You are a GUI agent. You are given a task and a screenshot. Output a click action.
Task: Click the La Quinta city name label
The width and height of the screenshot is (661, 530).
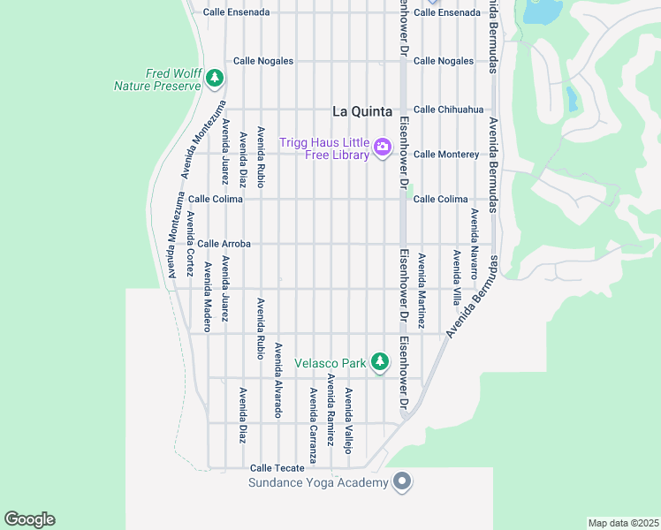click(361, 111)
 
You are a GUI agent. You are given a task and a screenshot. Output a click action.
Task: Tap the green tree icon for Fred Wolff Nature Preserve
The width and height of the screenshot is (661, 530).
click(215, 79)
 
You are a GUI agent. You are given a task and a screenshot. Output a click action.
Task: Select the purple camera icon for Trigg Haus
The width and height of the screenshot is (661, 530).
click(383, 147)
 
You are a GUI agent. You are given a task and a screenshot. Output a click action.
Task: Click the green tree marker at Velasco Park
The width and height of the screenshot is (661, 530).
click(380, 362)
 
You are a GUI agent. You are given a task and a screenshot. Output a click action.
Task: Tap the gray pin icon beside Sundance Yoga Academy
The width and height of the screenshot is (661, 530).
click(402, 482)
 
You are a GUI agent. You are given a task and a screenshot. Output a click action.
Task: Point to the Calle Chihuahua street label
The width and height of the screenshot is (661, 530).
click(448, 110)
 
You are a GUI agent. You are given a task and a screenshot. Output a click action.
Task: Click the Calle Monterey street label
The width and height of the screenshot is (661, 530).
click(446, 154)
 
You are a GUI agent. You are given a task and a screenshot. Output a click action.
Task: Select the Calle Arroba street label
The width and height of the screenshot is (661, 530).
click(224, 244)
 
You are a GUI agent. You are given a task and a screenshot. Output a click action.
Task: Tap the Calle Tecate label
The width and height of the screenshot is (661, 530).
click(277, 468)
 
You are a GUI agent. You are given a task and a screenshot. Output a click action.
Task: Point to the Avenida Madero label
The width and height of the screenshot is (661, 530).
click(208, 291)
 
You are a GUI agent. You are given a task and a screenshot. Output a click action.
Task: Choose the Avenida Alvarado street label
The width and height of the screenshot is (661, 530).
click(277, 380)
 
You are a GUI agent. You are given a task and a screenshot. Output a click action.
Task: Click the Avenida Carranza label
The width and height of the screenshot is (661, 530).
click(313, 424)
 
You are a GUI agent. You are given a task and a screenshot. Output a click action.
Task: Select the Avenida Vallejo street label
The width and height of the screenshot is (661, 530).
click(348, 420)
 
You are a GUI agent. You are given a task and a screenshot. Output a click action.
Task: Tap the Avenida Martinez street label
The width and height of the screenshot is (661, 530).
click(422, 291)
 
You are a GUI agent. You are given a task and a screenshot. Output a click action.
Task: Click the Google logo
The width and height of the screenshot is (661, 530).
click(29, 519)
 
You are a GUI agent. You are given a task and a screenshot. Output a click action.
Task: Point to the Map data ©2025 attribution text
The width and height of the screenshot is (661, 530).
click(623, 523)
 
